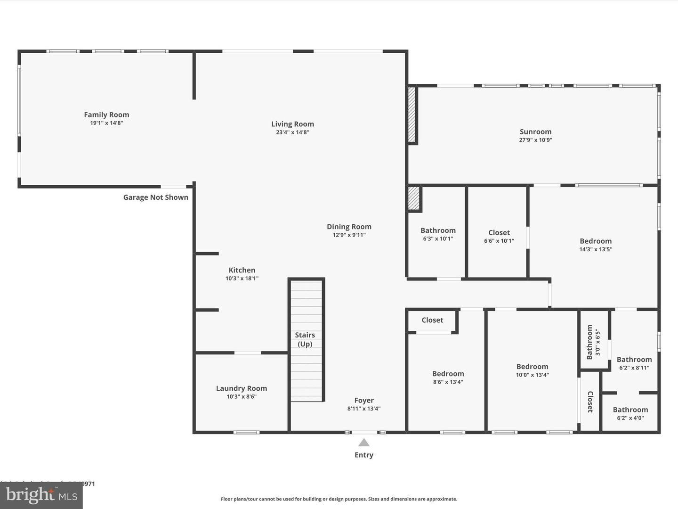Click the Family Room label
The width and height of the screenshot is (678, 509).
[x=106, y=115]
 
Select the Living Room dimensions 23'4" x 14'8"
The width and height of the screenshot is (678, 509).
[x=292, y=132]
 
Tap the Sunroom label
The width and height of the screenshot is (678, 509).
[x=535, y=131]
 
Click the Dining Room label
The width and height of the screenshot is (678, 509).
[x=349, y=227]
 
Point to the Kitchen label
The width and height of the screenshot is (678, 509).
[x=242, y=270]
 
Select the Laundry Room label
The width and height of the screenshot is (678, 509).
[x=242, y=388]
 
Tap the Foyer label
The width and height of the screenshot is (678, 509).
[x=364, y=400]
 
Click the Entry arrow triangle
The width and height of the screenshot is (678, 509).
[x=364, y=443]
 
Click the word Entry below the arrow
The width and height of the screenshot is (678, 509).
[x=364, y=455]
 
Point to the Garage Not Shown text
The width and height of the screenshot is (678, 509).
[x=156, y=197]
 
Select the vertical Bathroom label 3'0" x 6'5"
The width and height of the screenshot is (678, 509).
[x=590, y=342]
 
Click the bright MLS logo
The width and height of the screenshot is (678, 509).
[x=41, y=495]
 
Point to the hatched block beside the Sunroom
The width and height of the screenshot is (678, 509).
[x=412, y=115]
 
